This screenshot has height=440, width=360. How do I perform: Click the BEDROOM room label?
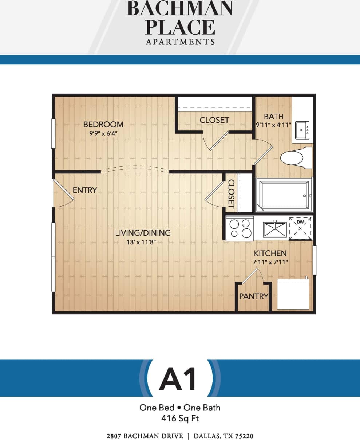[x=103, y=124]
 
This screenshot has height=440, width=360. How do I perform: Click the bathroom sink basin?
[x=302, y=130]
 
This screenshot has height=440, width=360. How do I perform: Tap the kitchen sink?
[x=275, y=228]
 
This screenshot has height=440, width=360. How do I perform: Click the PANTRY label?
[x=253, y=296]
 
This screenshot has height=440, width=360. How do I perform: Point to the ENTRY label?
[x=85, y=190]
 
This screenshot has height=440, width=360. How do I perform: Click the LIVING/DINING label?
[x=143, y=233]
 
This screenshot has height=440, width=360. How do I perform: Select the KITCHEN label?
[x=270, y=253]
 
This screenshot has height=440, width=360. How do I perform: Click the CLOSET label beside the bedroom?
[x=214, y=120]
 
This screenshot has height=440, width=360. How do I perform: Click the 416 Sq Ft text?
[x=180, y=419]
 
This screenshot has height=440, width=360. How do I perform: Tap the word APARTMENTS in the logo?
[x=180, y=42]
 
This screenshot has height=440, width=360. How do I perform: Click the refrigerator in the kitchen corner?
[x=292, y=294]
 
